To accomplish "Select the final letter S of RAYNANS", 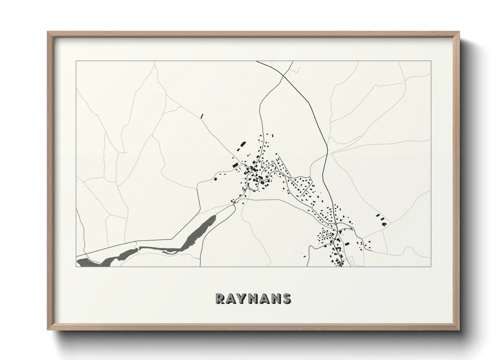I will (286, 298).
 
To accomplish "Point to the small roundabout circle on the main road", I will (335, 224).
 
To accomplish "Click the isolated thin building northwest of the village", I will (202, 116).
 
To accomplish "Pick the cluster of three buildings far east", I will (381, 219).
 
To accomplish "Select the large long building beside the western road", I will (235, 164).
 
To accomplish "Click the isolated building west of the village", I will (215, 178).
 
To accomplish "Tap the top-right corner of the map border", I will (431, 61).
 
